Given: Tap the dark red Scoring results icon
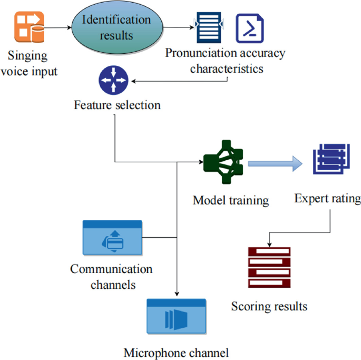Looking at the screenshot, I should (x=269, y=267).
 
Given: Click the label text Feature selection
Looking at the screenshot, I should (x=117, y=105).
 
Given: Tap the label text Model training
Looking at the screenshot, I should (x=231, y=200).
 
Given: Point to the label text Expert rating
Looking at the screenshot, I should (x=327, y=199).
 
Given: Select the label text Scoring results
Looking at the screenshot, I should (x=269, y=306).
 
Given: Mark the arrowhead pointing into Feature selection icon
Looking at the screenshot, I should (x=133, y=82).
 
